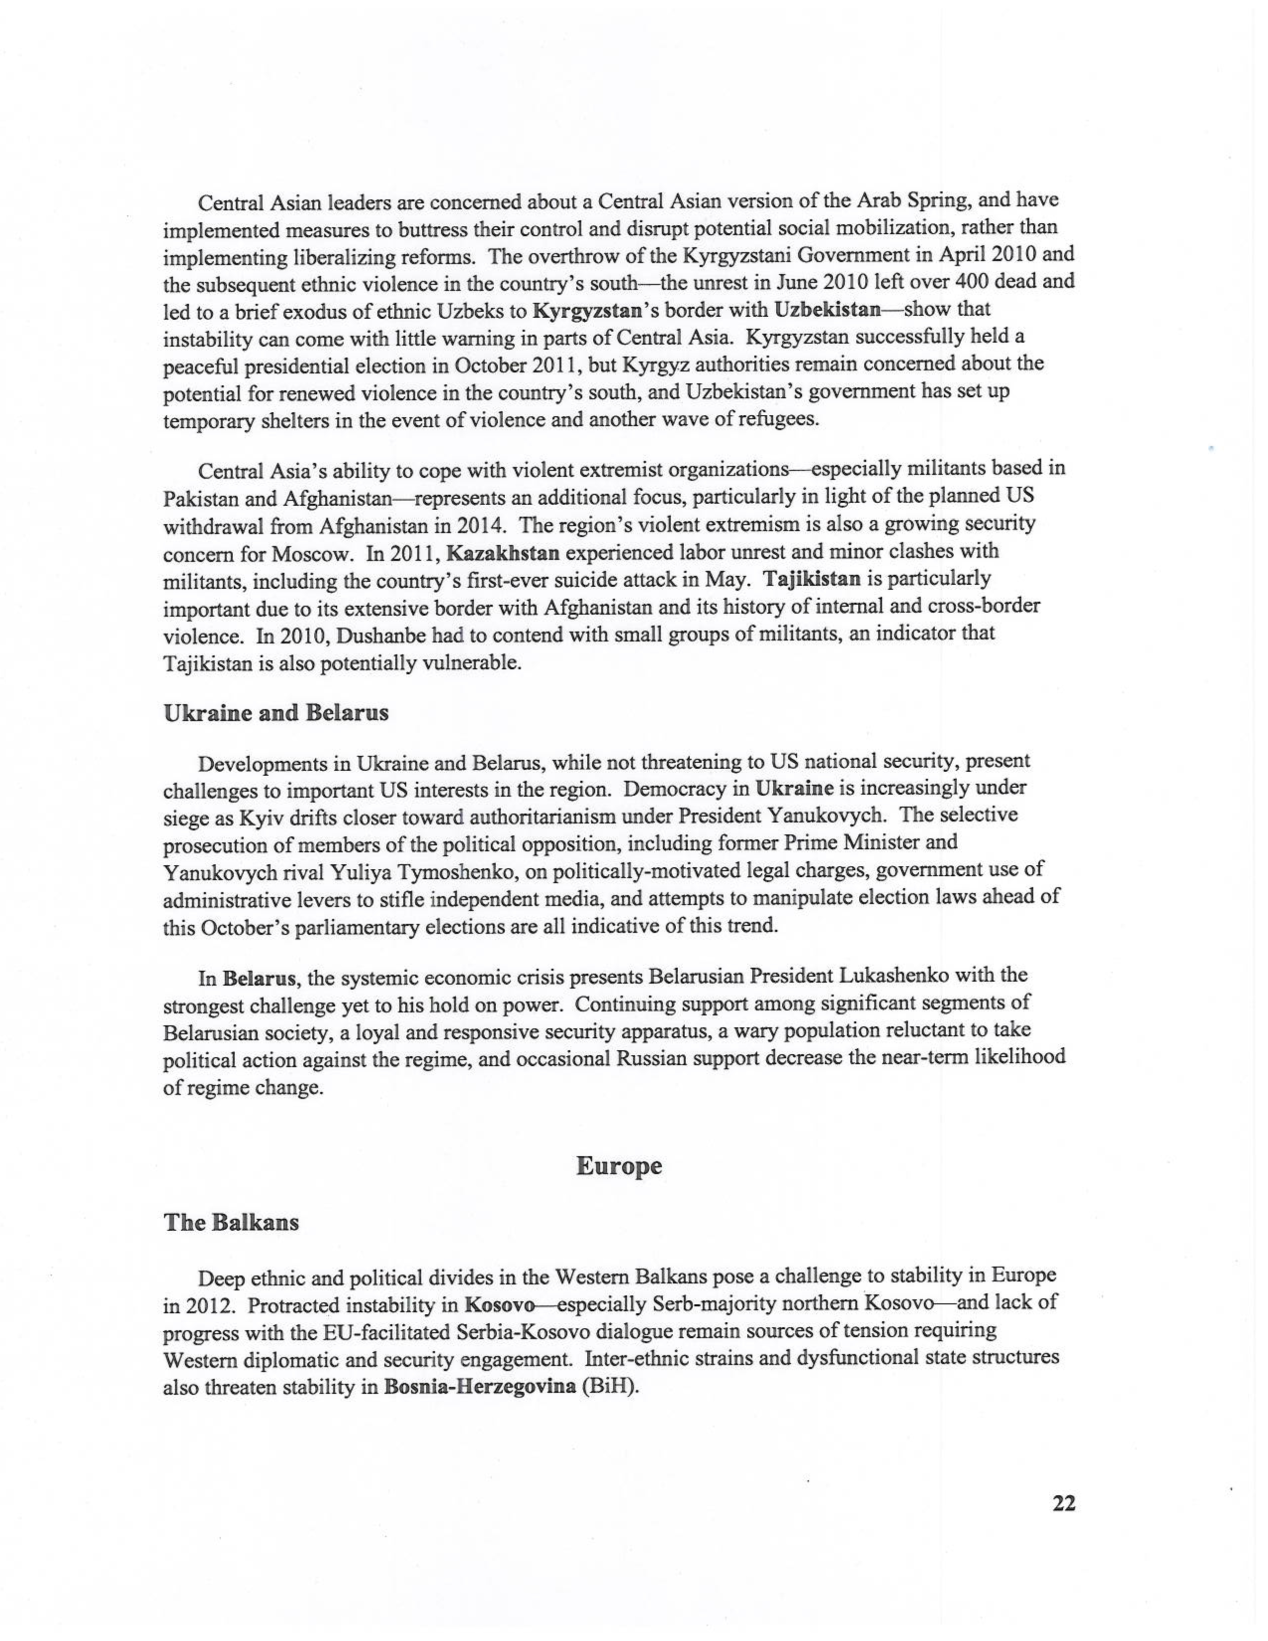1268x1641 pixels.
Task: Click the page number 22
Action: [x=1064, y=1503]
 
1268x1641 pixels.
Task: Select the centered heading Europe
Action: [x=619, y=1166]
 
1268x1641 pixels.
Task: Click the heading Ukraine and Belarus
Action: [x=275, y=713]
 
